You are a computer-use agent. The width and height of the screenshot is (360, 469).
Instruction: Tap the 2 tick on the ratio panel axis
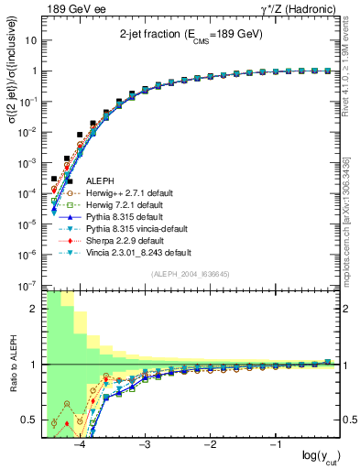pyautogui.click(x=36, y=309)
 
